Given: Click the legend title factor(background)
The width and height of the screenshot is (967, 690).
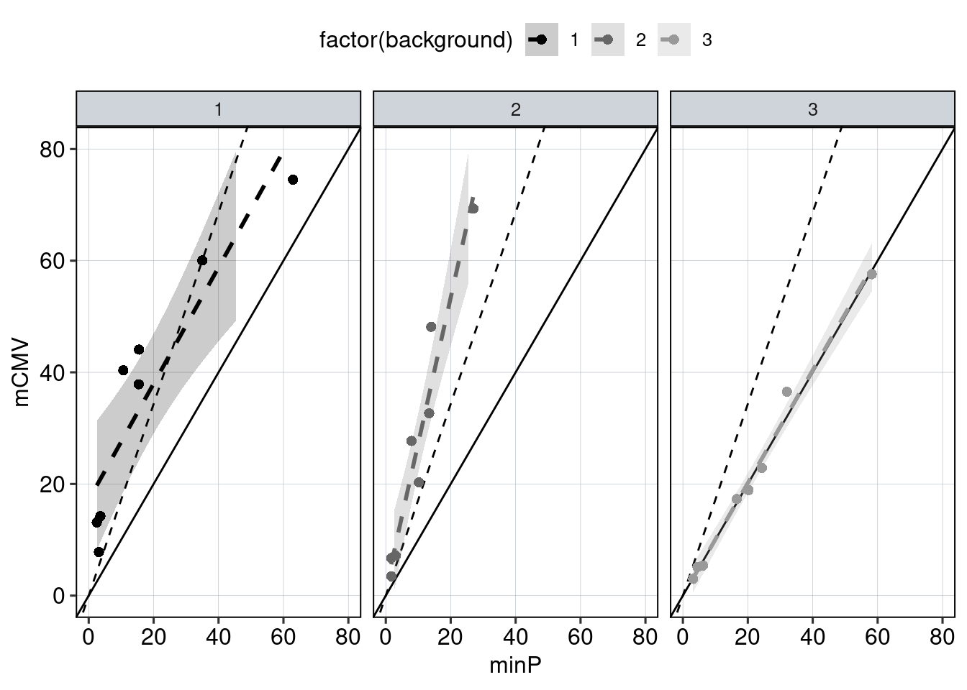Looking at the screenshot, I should pos(416,40).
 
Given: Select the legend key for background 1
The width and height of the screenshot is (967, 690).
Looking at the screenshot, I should pos(541,40).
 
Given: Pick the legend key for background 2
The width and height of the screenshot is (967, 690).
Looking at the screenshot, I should pos(608,40).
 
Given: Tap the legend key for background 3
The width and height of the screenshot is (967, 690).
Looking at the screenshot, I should pos(674,40).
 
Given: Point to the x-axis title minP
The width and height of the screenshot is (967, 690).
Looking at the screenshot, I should pos(515,666).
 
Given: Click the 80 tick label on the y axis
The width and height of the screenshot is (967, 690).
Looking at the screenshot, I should pos(53,149).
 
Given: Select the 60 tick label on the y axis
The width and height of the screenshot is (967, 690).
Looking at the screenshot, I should pos(53,261).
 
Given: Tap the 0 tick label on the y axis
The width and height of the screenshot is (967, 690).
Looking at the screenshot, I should pos(59,596).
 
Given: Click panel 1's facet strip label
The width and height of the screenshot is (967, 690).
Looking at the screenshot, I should pos(218,110).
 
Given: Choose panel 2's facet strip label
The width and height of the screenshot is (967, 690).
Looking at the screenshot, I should pos(515,110).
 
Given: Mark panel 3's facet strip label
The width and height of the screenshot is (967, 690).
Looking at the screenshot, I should pos(812,110).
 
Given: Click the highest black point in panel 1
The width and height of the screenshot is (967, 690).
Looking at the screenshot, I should pos(293,180).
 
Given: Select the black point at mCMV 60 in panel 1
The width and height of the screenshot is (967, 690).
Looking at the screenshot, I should pos(202,260).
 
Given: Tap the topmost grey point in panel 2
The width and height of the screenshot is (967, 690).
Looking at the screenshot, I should pos(473,208).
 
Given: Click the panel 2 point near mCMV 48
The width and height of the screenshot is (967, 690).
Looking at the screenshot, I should pos(431,327).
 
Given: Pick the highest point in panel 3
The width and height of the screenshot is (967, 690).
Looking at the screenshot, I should pos(871,274).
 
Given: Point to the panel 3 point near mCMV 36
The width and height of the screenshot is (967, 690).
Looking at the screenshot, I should pos(786,392).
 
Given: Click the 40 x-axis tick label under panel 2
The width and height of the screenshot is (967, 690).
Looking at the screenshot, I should pos(515,637).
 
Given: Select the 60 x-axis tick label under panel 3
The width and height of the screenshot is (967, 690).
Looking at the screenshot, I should pos(877,637).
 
